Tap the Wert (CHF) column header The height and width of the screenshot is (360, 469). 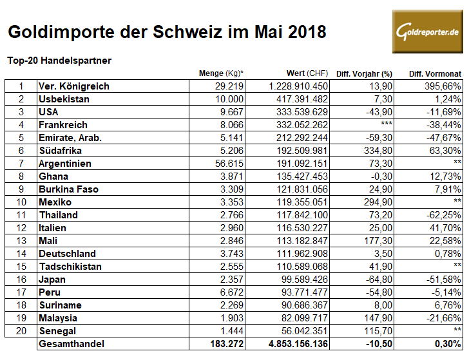(x=307, y=73)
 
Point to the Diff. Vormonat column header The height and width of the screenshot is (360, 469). (x=435, y=73)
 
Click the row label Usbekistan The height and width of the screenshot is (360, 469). (x=64, y=99)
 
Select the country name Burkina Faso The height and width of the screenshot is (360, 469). (x=70, y=189)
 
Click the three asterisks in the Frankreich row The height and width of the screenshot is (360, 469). (x=387, y=125)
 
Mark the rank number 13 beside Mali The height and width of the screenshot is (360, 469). (x=21, y=241)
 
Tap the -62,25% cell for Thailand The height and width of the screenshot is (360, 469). (x=442, y=215)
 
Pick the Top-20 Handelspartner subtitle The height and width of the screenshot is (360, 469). (x=59, y=61)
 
